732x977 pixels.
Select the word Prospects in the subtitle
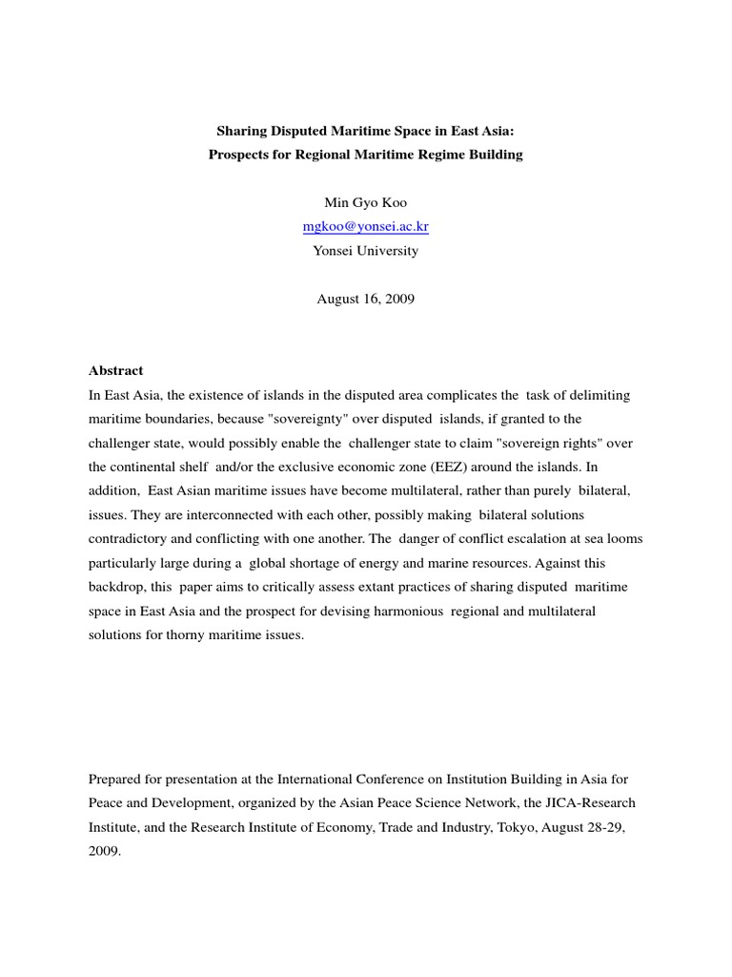coord(238,155)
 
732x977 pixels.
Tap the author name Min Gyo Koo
coord(365,202)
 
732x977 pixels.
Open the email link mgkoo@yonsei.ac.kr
coord(365,227)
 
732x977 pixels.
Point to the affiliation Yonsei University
coord(365,251)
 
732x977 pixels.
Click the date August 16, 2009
coord(365,299)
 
